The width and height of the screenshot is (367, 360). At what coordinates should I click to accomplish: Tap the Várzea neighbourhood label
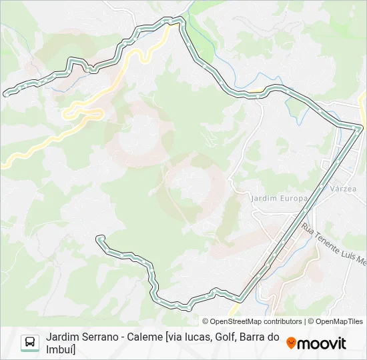point(344,189)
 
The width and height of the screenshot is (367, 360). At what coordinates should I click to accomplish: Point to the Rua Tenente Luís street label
point(334,243)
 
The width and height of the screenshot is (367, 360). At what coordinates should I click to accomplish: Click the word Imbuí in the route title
point(61,349)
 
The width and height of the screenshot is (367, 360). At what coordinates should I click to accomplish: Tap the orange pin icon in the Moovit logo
point(291,343)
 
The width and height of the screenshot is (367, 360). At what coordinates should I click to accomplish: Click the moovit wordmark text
point(322,343)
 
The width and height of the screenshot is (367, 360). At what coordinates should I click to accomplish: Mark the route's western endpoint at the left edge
point(6,93)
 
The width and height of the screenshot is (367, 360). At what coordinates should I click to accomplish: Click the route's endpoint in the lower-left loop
point(99,238)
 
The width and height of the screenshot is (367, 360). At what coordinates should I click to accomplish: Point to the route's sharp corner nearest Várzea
point(361,127)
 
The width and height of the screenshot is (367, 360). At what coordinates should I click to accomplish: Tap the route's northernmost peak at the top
point(177,20)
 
